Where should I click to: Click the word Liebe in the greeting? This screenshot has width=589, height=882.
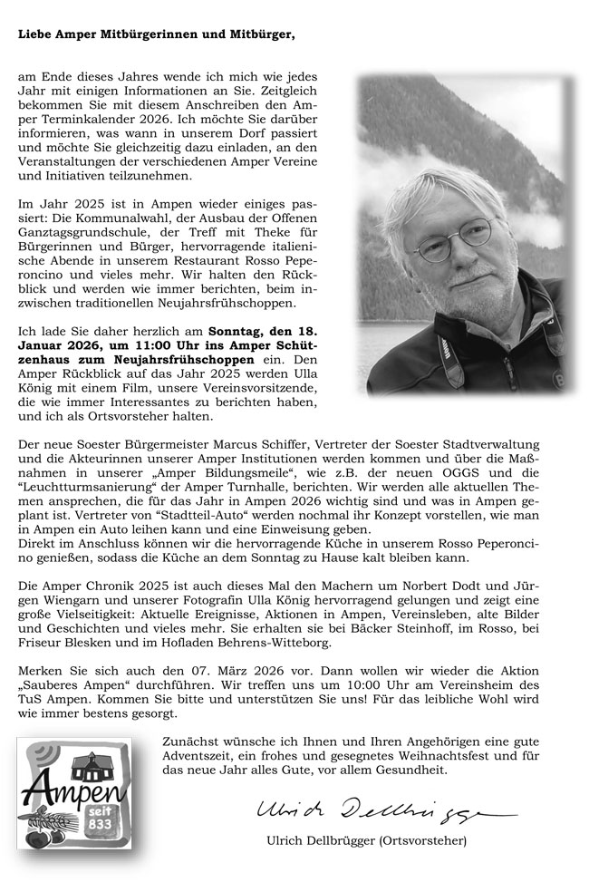pos(34,34)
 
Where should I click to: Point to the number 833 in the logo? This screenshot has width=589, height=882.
pos(96,825)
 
